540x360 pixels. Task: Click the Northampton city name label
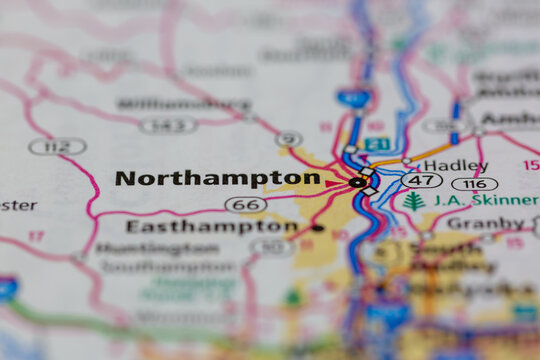217,178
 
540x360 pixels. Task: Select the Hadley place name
455,165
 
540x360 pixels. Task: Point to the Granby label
484,223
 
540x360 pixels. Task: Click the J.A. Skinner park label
484,200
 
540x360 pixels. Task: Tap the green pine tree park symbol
414,201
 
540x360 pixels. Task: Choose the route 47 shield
421,181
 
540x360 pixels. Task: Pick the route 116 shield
474,184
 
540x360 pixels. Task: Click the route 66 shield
246,204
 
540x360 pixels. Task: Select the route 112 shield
57,146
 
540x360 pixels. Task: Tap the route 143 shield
168,125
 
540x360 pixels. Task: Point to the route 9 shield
289,139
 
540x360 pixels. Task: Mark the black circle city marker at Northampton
358,182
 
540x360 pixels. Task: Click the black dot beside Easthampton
317,228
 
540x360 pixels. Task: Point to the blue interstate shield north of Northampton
353,97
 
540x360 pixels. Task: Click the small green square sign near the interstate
376,144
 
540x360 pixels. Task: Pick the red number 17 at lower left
36,237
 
